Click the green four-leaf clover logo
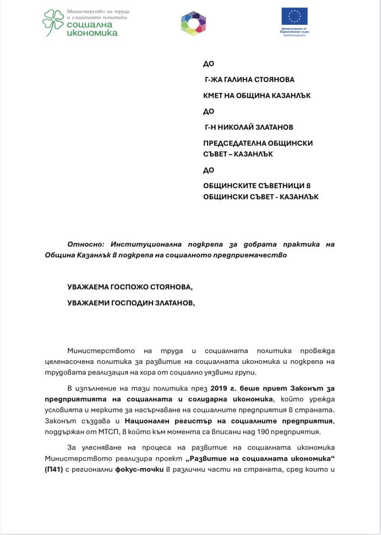(x=53, y=23)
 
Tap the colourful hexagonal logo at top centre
(x=193, y=23)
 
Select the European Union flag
(x=294, y=16)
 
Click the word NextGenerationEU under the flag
(x=294, y=35)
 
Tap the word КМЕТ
(x=214, y=95)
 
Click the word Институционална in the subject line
(x=142, y=244)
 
